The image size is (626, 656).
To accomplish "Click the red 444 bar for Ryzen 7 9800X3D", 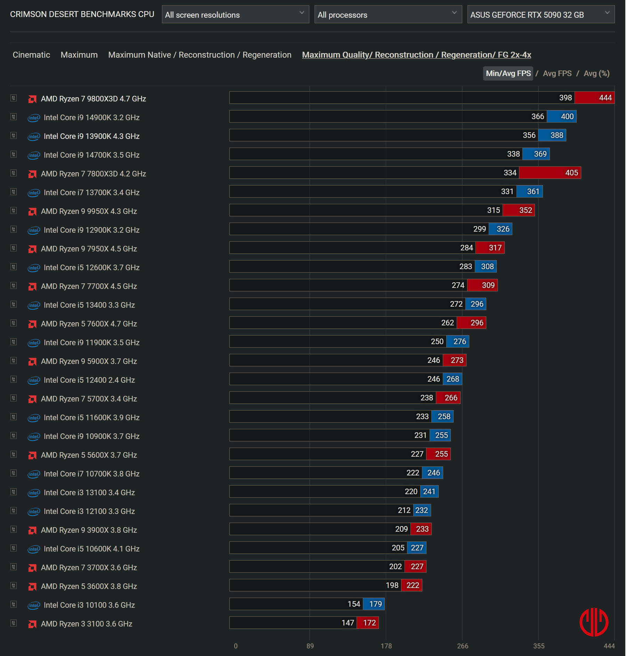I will [594, 98].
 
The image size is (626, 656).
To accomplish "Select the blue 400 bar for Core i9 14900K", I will [561, 117].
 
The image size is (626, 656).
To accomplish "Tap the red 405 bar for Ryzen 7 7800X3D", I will [550, 173].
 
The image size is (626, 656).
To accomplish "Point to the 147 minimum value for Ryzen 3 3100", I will [348, 623].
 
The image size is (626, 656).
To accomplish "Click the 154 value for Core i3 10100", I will [354, 604].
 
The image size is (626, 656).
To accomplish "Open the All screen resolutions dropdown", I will [235, 15].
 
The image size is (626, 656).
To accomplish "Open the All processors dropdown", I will [388, 15].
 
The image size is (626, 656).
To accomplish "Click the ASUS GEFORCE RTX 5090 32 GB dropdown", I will [540, 15].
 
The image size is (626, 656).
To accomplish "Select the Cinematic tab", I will [31, 55].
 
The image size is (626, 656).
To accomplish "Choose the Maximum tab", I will [79, 55].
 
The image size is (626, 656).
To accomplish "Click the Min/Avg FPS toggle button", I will [508, 74].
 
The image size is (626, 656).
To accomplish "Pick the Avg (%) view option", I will [596, 74].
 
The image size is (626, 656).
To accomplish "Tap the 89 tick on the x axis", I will [310, 646].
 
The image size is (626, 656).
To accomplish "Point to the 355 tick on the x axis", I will [539, 646].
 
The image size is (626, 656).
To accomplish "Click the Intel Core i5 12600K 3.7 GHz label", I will [91, 268].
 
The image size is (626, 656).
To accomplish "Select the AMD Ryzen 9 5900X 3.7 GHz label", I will [89, 362].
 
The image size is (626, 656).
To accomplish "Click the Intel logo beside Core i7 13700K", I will [34, 193].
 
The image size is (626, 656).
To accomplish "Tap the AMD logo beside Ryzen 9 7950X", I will [32, 249].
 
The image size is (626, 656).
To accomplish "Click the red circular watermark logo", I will [594, 622].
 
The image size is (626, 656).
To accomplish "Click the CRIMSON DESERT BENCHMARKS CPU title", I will [82, 14].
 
